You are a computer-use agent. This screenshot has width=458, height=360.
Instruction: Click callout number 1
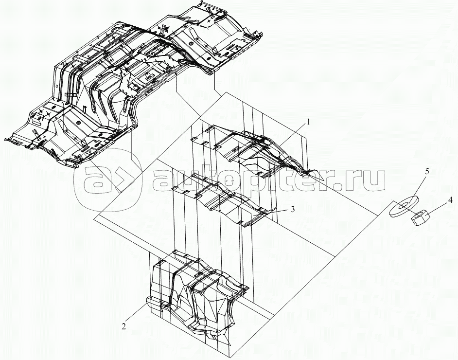[308, 123]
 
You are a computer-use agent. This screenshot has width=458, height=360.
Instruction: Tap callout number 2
[124, 326]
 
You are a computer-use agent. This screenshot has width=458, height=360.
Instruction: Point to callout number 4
[450, 200]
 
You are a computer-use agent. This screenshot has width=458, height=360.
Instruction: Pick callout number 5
[427, 172]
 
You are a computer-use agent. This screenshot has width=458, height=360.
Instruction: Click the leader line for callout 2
[137, 313]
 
